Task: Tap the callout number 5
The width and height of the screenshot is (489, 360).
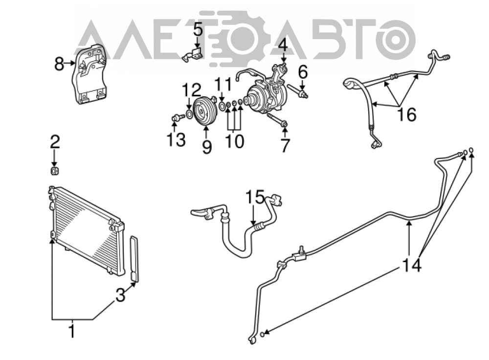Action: (198, 30)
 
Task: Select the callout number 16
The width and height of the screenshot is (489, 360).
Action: (407, 114)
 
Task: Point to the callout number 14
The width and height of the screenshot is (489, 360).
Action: (412, 265)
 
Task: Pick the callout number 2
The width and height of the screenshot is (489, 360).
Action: (55, 142)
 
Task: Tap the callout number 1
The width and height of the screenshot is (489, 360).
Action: (72, 331)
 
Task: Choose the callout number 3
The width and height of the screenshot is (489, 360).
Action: (120, 295)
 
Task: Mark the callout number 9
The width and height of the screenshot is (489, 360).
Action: (206, 147)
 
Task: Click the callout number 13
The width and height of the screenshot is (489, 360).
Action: (176, 139)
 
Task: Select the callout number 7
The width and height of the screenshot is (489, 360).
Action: (285, 145)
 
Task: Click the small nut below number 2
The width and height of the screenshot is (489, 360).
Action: (55, 171)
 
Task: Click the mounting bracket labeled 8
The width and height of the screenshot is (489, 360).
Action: (89, 75)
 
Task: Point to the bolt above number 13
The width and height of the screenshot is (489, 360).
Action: (177, 118)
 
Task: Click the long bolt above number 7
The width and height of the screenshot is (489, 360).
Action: (277, 121)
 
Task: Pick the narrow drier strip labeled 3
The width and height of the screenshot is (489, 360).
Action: (134, 259)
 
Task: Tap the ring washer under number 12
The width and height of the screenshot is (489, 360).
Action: (189, 114)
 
